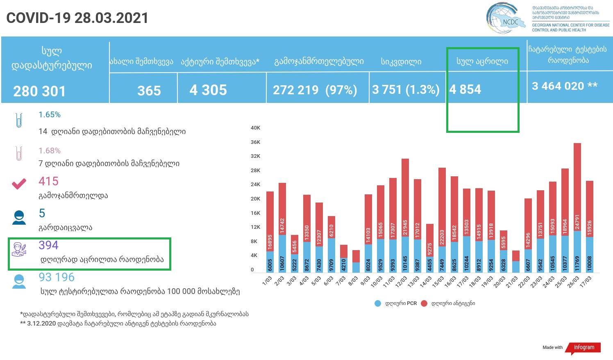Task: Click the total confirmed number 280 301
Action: (39, 91)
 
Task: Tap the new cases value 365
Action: (149, 91)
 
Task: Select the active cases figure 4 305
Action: (208, 90)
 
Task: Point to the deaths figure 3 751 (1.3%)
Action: (406, 90)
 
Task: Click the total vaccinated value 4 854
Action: (465, 89)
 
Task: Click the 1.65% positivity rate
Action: (50, 115)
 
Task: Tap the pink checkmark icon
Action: (19, 184)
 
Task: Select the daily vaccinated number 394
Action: (48, 245)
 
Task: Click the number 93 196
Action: (57, 277)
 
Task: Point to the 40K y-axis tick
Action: (255, 128)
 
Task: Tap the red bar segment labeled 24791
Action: (577, 187)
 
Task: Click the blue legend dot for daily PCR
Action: (378, 303)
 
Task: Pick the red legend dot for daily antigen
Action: (424, 303)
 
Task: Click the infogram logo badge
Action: (583, 347)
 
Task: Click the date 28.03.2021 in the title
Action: (111, 18)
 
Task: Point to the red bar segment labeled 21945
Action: (405, 198)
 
